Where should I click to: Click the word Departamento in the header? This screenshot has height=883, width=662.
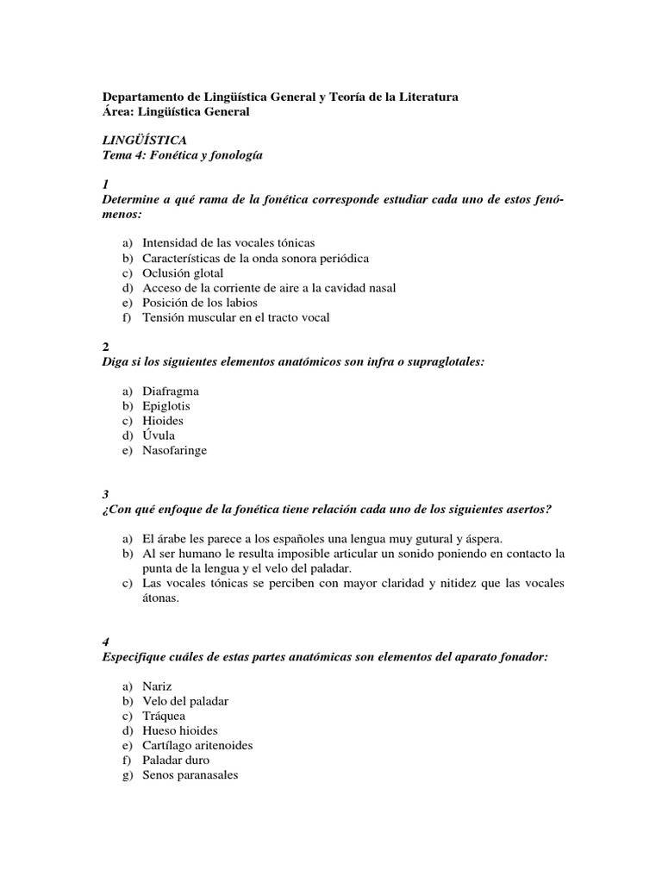point(142,97)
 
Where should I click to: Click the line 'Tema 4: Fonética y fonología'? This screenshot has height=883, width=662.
point(182,154)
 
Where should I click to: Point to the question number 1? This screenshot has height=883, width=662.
point(105,185)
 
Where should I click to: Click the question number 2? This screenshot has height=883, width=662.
point(105,348)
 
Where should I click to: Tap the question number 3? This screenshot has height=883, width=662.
point(105,494)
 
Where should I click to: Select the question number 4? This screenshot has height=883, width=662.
point(105,642)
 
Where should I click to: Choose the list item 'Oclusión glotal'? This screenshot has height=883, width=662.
point(183,272)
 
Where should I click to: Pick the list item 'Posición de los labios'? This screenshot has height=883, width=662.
point(200,303)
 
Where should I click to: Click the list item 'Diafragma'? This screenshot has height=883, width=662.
point(171,391)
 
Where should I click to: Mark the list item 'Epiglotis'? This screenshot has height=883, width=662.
point(166,405)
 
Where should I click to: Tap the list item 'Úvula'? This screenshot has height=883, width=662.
point(159,435)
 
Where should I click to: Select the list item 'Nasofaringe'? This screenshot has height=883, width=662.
point(175,450)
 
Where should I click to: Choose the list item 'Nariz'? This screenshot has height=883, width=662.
point(158,686)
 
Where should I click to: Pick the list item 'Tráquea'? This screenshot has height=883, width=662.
point(164,716)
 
